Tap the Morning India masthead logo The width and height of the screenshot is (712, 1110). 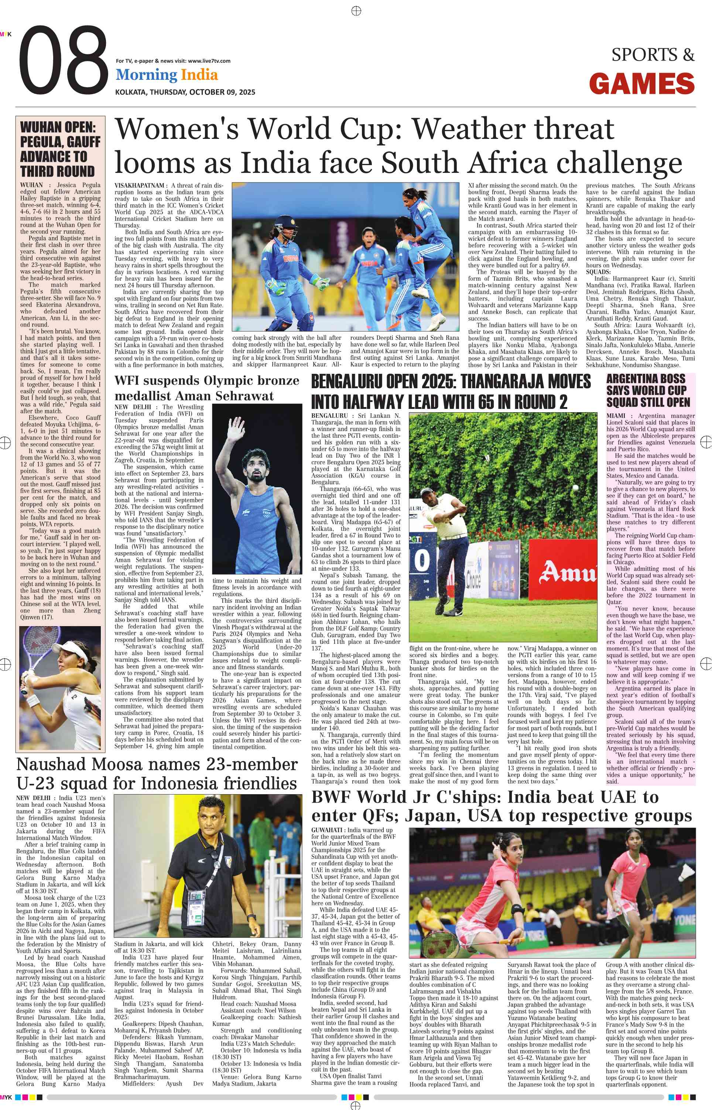[167, 75]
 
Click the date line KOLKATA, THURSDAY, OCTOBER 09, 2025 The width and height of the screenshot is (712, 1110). [185, 92]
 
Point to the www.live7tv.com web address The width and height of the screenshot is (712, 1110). [209, 61]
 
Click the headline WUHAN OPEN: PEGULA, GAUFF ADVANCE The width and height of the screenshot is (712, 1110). [60, 149]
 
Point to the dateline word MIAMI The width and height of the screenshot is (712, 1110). [615, 416]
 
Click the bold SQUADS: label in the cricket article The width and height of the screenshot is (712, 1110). [598, 272]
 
